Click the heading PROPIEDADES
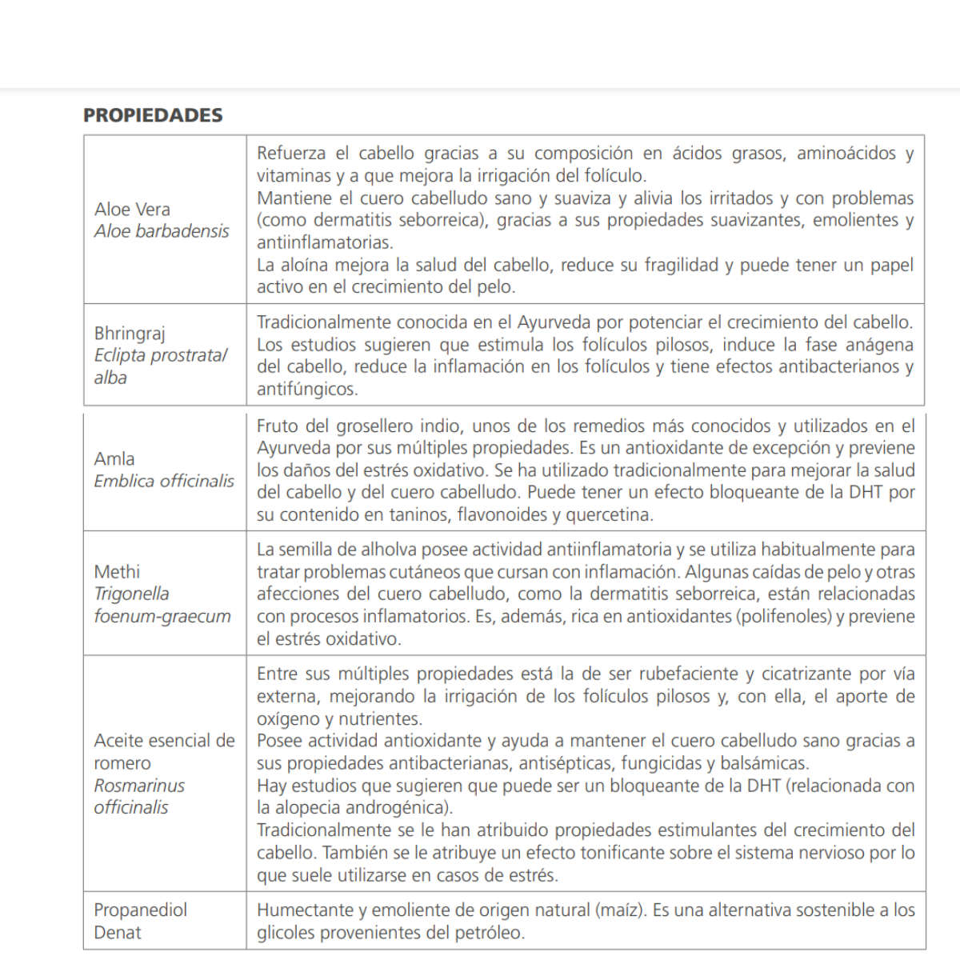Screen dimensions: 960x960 (x=153, y=115)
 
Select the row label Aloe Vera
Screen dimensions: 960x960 (x=132, y=210)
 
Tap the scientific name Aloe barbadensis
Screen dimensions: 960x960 (x=162, y=231)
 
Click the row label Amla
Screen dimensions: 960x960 (x=114, y=459)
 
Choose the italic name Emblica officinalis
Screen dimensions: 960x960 (x=164, y=481)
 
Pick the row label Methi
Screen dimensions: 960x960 (x=117, y=572)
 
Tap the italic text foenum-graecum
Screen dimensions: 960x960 (x=162, y=616)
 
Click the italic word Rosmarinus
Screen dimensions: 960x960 (x=139, y=786)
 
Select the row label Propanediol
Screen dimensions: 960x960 (x=141, y=910)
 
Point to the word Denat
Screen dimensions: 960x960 (x=118, y=933)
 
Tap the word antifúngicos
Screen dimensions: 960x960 (x=307, y=390)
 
